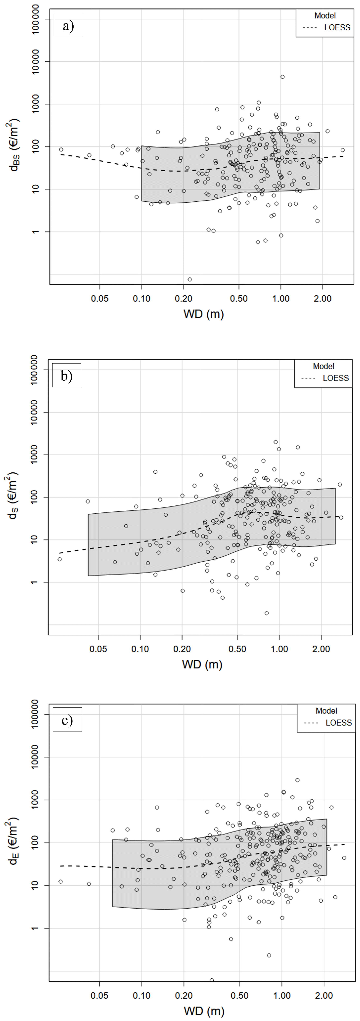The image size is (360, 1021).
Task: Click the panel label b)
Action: [x=67, y=376]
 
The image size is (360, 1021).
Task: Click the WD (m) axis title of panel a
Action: [x=203, y=314]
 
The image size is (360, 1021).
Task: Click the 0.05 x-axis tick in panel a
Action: [x=99, y=298]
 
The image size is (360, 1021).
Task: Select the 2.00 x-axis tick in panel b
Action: [x=321, y=649]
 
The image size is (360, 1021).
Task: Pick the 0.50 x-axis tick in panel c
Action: [x=240, y=996]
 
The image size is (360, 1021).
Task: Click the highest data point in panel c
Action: [x=297, y=780]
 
